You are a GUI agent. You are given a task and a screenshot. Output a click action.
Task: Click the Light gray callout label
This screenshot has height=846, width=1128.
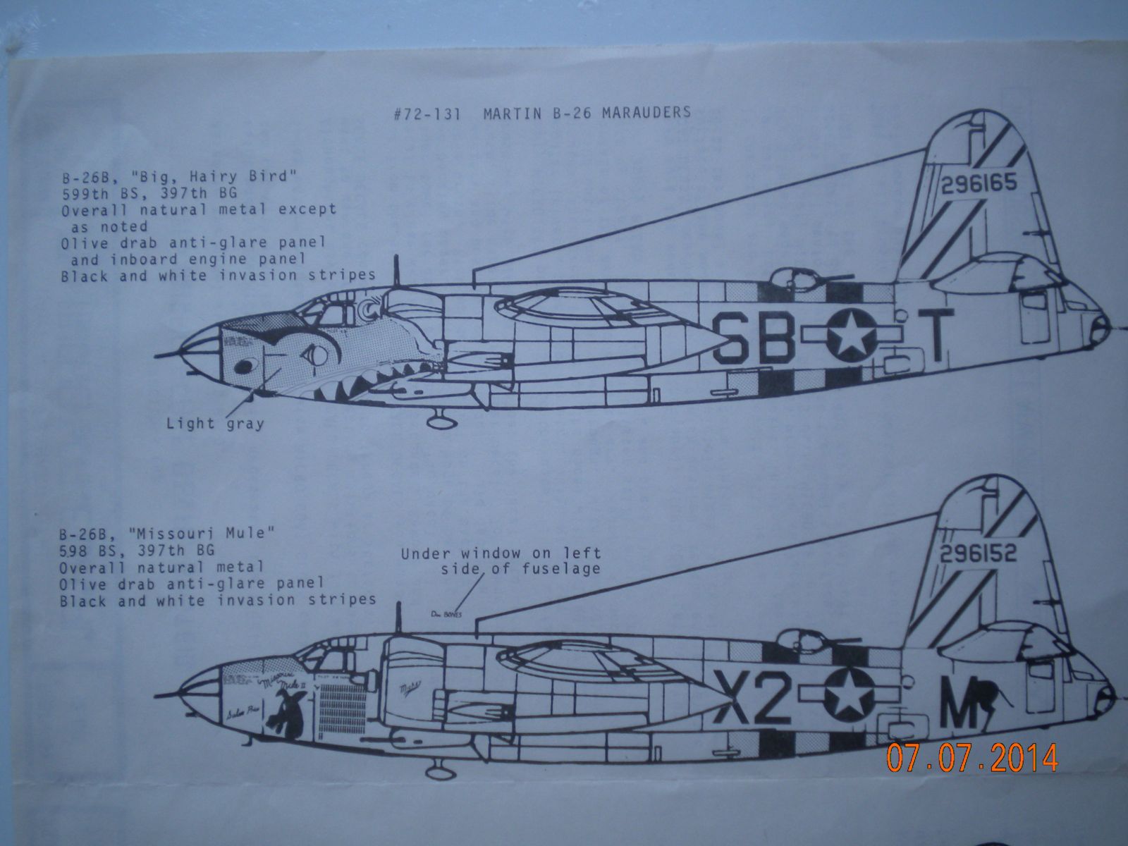tap(214, 423)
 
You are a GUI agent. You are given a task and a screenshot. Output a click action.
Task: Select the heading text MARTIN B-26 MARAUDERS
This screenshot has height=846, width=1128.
tap(587, 113)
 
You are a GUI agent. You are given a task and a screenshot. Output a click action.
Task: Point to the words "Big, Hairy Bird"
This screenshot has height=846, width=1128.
tap(239, 176)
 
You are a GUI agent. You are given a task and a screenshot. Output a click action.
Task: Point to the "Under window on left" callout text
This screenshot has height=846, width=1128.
tap(501, 553)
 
